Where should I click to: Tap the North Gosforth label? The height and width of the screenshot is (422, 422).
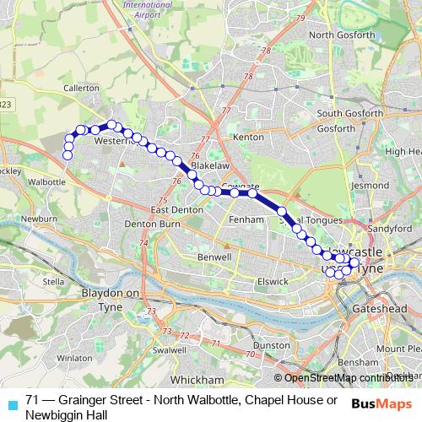(341, 35)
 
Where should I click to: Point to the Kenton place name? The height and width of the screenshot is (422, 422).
(248, 136)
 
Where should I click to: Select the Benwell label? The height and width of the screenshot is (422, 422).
(214, 256)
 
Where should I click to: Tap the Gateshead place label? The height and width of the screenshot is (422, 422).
(381, 310)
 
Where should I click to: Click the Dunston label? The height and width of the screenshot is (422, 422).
(272, 345)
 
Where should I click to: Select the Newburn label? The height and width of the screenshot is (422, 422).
(39, 218)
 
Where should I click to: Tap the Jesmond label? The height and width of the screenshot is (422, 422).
(371, 184)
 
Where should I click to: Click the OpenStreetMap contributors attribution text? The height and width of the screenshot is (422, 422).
(346, 378)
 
